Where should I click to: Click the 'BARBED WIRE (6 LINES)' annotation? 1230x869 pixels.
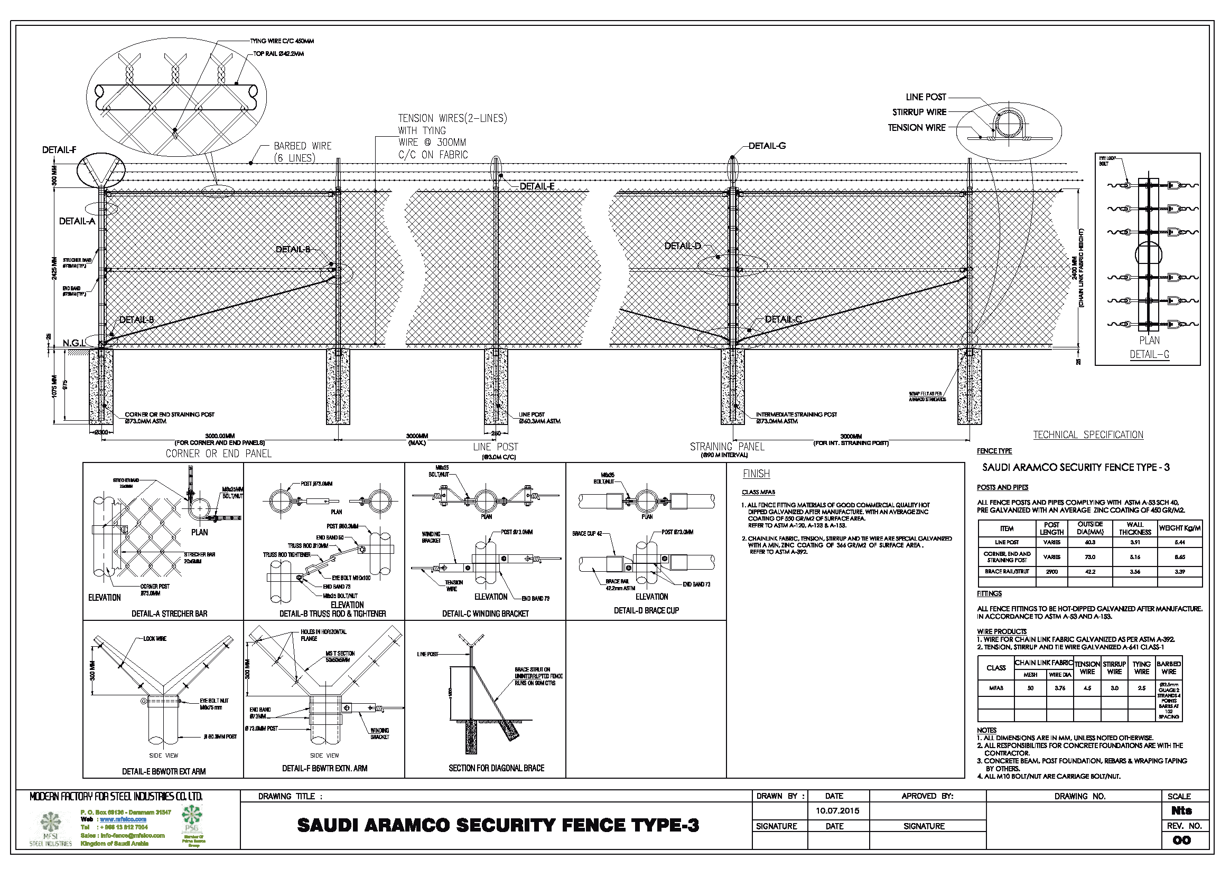coord(302,152)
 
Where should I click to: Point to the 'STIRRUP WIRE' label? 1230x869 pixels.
coord(919,112)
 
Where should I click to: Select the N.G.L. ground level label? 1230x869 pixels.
coord(73,343)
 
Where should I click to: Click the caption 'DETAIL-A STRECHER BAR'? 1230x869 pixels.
coord(169,613)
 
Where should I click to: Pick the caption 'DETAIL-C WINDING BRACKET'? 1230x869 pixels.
coord(485,613)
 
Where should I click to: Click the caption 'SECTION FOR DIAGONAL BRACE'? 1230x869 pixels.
coord(496,768)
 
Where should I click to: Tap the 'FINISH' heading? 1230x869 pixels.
coord(756,474)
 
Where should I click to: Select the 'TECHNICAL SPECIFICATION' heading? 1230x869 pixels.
coord(1087,435)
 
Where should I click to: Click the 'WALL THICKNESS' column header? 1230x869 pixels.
coord(1135,528)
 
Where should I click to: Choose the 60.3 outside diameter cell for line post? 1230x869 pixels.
coord(1089,542)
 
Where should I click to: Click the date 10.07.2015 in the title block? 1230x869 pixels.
coord(837,810)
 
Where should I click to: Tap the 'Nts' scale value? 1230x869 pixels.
coord(1181,810)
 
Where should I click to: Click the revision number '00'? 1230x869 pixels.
coord(1181,840)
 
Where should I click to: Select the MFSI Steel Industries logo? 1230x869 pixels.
coord(51,827)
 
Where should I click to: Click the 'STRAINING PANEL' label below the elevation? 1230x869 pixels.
coord(726,447)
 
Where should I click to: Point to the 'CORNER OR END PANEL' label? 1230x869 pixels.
coord(219,454)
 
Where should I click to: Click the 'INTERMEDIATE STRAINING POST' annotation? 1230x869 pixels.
coord(796,414)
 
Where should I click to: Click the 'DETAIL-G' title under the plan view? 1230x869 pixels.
coord(1149,354)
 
